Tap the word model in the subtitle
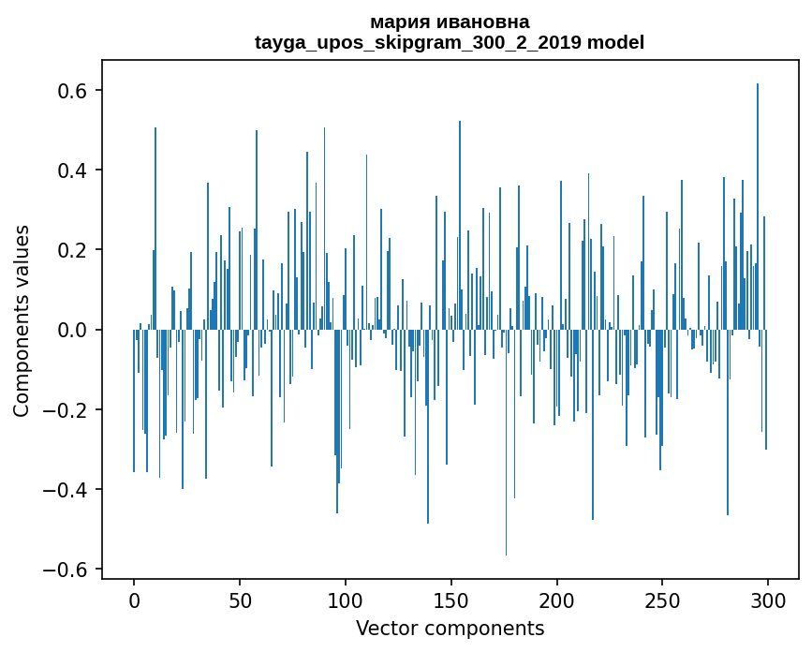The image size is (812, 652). point(615,43)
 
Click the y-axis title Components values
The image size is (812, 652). point(22,320)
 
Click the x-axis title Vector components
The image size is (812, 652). point(450,628)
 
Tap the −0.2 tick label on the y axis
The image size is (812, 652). point(67,410)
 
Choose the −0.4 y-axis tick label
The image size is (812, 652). point(67,490)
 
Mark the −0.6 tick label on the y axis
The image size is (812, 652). point(67,570)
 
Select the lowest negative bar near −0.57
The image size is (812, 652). point(507,450)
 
